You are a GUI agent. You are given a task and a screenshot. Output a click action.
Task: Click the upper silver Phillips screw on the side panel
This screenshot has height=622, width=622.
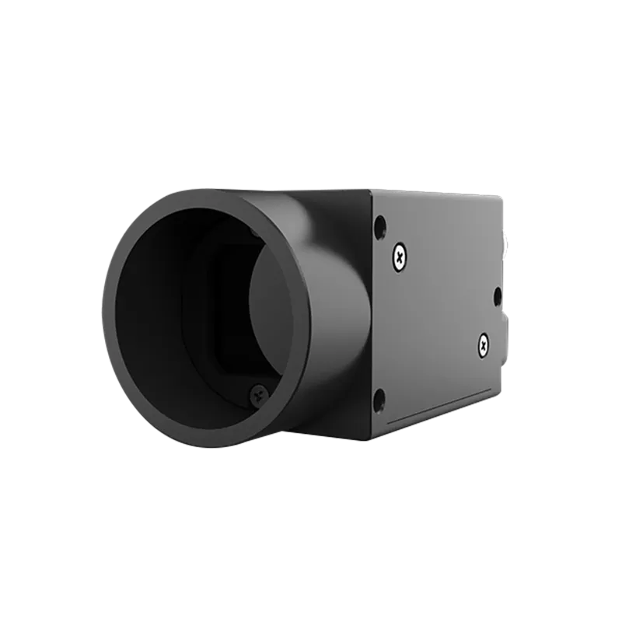click(x=400, y=257)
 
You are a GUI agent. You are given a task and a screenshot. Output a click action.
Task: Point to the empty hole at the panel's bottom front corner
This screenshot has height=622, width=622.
click(x=379, y=401)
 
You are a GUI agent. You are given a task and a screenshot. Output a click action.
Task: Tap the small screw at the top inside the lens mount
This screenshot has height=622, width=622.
click(x=253, y=232)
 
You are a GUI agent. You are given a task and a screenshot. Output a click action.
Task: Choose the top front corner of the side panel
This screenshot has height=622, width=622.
click(x=371, y=191)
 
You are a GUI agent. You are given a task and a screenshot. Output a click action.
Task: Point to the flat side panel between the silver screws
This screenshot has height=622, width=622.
click(x=439, y=303)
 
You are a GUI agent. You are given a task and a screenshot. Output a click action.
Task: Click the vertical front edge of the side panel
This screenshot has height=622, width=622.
click(x=372, y=311)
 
